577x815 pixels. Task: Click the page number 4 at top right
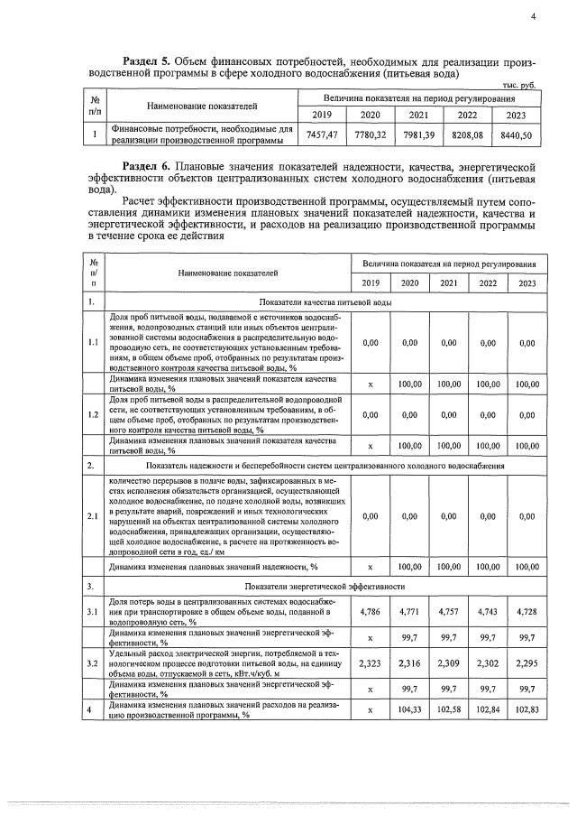[x=534, y=15]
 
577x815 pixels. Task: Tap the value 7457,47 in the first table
[x=322, y=134]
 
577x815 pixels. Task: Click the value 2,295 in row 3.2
[x=521, y=663]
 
